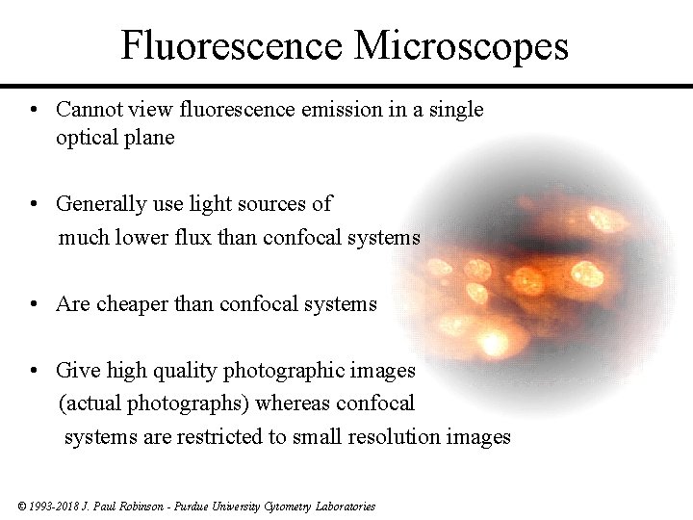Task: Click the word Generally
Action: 98,204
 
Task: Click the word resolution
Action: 398,437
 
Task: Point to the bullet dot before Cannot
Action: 34,111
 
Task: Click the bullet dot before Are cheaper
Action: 34,305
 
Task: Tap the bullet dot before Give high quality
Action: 34,371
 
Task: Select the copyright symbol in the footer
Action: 22,506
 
